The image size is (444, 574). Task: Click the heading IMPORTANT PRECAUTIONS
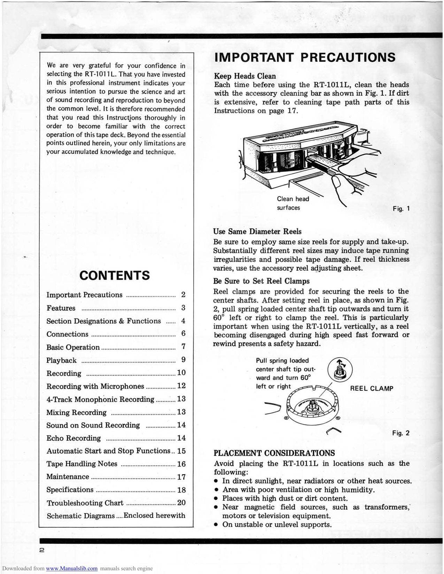(x=305, y=57)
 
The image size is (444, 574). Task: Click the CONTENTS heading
(x=115, y=276)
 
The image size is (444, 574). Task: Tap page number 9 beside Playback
(x=183, y=360)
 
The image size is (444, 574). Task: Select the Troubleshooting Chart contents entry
(x=85, y=503)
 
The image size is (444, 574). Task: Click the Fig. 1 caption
(x=401, y=209)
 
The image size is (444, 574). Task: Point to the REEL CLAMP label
(x=372, y=389)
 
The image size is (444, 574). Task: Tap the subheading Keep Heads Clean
(x=244, y=76)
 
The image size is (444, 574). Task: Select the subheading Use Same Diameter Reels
(x=257, y=231)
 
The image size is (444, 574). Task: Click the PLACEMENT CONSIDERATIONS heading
(x=274, y=453)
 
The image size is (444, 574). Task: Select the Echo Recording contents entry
(x=73, y=438)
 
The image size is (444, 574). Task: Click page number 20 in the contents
(x=181, y=503)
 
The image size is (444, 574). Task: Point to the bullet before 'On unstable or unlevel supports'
(x=216, y=525)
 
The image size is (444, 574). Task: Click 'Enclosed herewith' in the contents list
(x=154, y=516)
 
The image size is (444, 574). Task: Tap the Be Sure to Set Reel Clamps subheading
(x=261, y=281)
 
